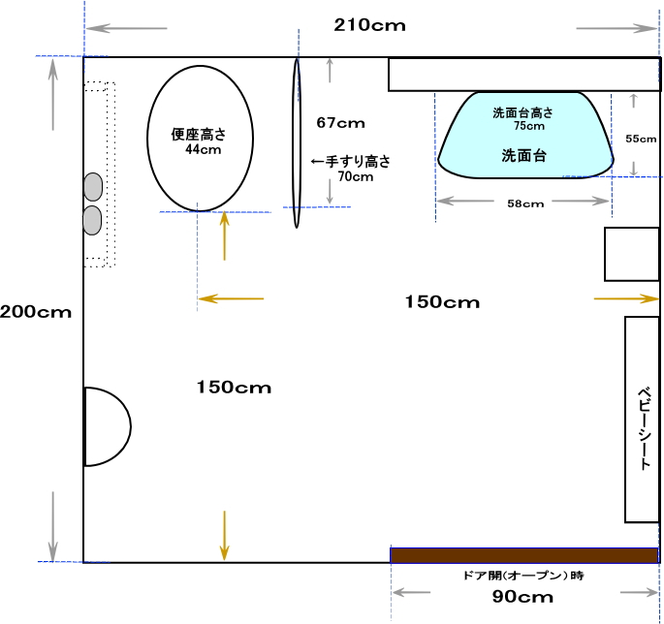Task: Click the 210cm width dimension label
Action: click(x=369, y=25)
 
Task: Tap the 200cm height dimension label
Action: click(x=36, y=312)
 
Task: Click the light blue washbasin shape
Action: click(x=525, y=135)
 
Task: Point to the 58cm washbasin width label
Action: click(x=525, y=203)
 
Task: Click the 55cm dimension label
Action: click(x=641, y=139)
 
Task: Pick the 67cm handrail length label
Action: click(x=340, y=123)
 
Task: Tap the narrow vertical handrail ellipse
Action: click(x=297, y=143)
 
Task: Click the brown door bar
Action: click(x=524, y=555)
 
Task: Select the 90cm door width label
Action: click(x=522, y=597)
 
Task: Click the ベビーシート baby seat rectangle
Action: click(x=642, y=420)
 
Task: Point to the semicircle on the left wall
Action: click(x=131, y=426)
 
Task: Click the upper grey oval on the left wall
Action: click(x=93, y=187)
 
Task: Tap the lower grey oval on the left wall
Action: click(x=92, y=220)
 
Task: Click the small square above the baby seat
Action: click(x=632, y=254)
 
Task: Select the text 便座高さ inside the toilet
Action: click(x=198, y=134)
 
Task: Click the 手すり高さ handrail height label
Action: click(x=358, y=161)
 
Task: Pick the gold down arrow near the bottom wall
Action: click(x=224, y=536)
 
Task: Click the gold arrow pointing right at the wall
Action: click(x=626, y=298)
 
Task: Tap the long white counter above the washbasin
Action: click(x=524, y=75)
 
